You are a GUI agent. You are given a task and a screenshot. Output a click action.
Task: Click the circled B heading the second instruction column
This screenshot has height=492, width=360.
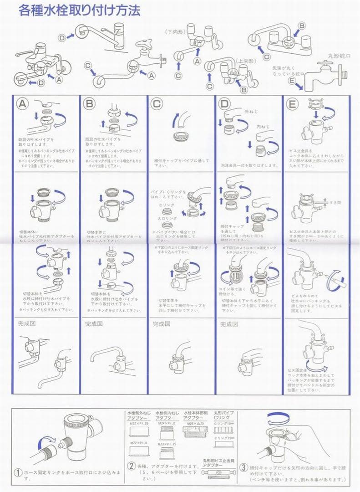90,103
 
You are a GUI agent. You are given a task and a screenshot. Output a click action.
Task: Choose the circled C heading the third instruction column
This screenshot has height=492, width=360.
157,103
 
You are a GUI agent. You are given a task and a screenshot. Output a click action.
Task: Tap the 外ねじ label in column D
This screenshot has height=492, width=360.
251,111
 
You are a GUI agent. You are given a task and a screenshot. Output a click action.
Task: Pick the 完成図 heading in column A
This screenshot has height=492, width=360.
26,324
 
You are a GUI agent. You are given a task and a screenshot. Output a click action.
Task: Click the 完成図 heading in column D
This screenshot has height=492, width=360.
229,324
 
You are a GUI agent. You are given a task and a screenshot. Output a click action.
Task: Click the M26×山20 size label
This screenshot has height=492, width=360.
194,423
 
